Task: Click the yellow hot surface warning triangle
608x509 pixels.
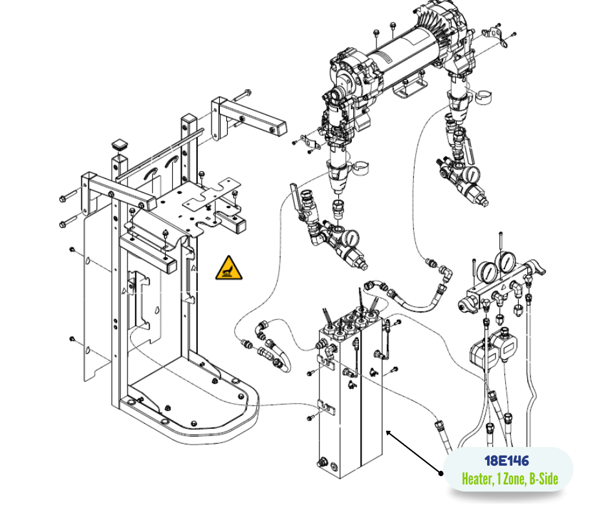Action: [x=229, y=269]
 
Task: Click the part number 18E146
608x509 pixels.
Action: [x=507, y=461]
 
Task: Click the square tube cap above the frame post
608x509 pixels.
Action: [x=120, y=145]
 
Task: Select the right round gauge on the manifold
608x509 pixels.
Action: [x=506, y=263]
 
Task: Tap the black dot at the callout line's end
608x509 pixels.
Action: [x=441, y=473]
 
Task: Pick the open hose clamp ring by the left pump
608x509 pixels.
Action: [x=360, y=167]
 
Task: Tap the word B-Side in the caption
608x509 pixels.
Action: [x=543, y=479]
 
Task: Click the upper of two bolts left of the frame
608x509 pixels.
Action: [x=71, y=196]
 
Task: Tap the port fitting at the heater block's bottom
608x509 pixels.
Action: [x=322, y=462]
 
